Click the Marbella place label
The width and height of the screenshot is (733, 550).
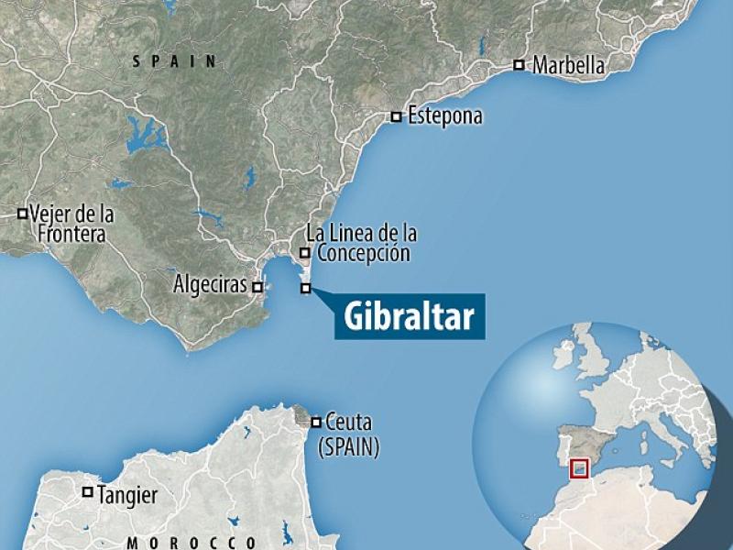click(569, 66)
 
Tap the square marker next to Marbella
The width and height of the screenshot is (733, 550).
click(520, 65)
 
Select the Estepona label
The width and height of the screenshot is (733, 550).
click(445, 117)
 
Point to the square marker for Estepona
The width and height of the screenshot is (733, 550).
click(396, 116)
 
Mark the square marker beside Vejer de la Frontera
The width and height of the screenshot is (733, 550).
click(22, 214)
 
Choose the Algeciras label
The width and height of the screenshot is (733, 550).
click(210, 286)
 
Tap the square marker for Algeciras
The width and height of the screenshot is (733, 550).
click(257, 287)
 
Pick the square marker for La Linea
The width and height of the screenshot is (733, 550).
click(305, 253)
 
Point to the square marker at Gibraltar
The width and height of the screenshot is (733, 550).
click(305, 289)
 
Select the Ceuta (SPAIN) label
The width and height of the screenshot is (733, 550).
click(348, 436)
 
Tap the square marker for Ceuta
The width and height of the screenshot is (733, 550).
click(316, 423)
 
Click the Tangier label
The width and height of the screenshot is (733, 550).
click(127, 496)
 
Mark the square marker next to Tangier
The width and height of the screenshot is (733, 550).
click(88, 492)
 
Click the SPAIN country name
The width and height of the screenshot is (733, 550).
click(174, 61)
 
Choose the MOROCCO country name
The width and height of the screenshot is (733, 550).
click(191, 543)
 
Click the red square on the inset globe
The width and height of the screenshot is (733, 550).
click(578, 468)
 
